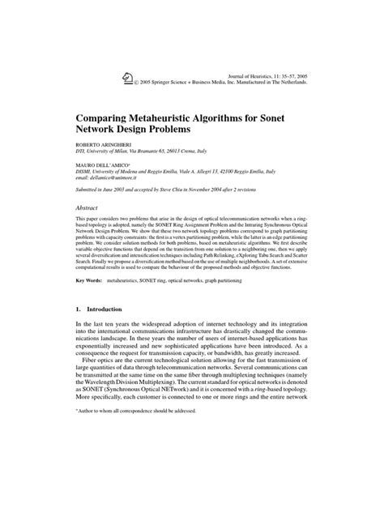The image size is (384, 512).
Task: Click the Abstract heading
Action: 92,208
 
